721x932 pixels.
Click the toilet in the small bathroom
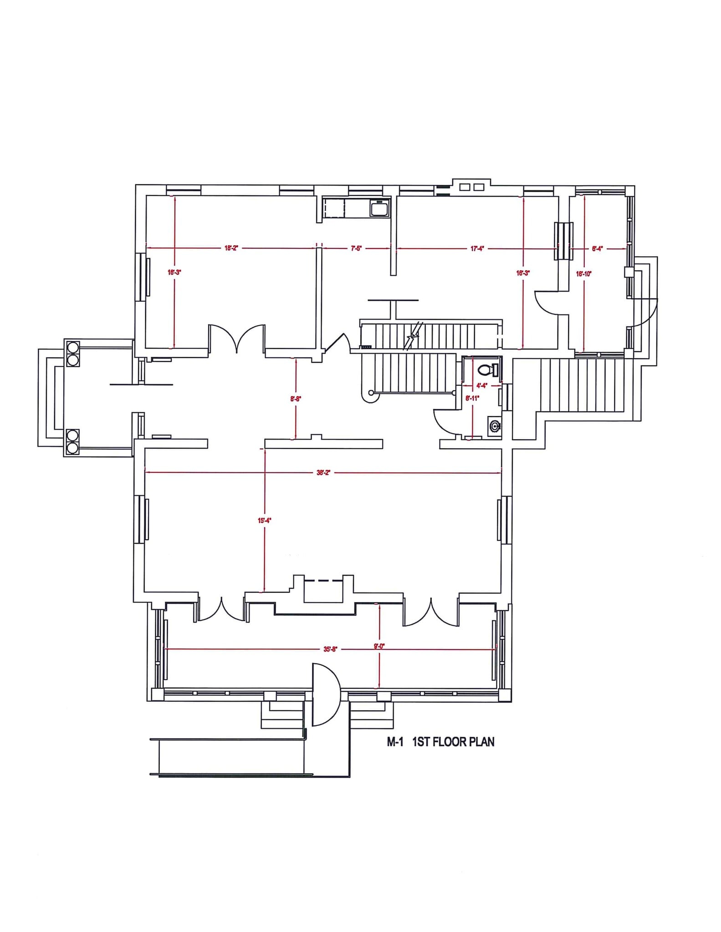click(x=487, y=370)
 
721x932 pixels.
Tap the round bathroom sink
click(x=495, y=426)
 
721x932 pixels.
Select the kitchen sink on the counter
click(x=378, y=209)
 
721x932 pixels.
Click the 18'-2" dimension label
click(x=231, y=248)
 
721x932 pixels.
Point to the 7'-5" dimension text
click(x=356, y=248)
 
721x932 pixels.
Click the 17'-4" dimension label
click(x=477, y=248)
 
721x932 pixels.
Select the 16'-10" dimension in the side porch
click(x=583, y=274)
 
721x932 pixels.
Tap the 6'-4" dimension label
click(x=597, y=248)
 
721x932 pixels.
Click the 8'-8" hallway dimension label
click(x=296, y=399)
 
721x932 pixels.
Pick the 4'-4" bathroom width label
click(x=481, y=385)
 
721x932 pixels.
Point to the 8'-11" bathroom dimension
click(x=472, y=398)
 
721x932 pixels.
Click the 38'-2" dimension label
click(x=323, y=472)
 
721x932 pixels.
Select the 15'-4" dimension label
click(x=264, y=520)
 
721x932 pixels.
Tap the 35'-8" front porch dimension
click(x=330, y=649)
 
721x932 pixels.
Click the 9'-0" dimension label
click(x=379, y=646)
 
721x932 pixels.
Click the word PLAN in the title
click(x=479, y=742)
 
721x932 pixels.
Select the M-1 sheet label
click(x=395, y=742)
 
